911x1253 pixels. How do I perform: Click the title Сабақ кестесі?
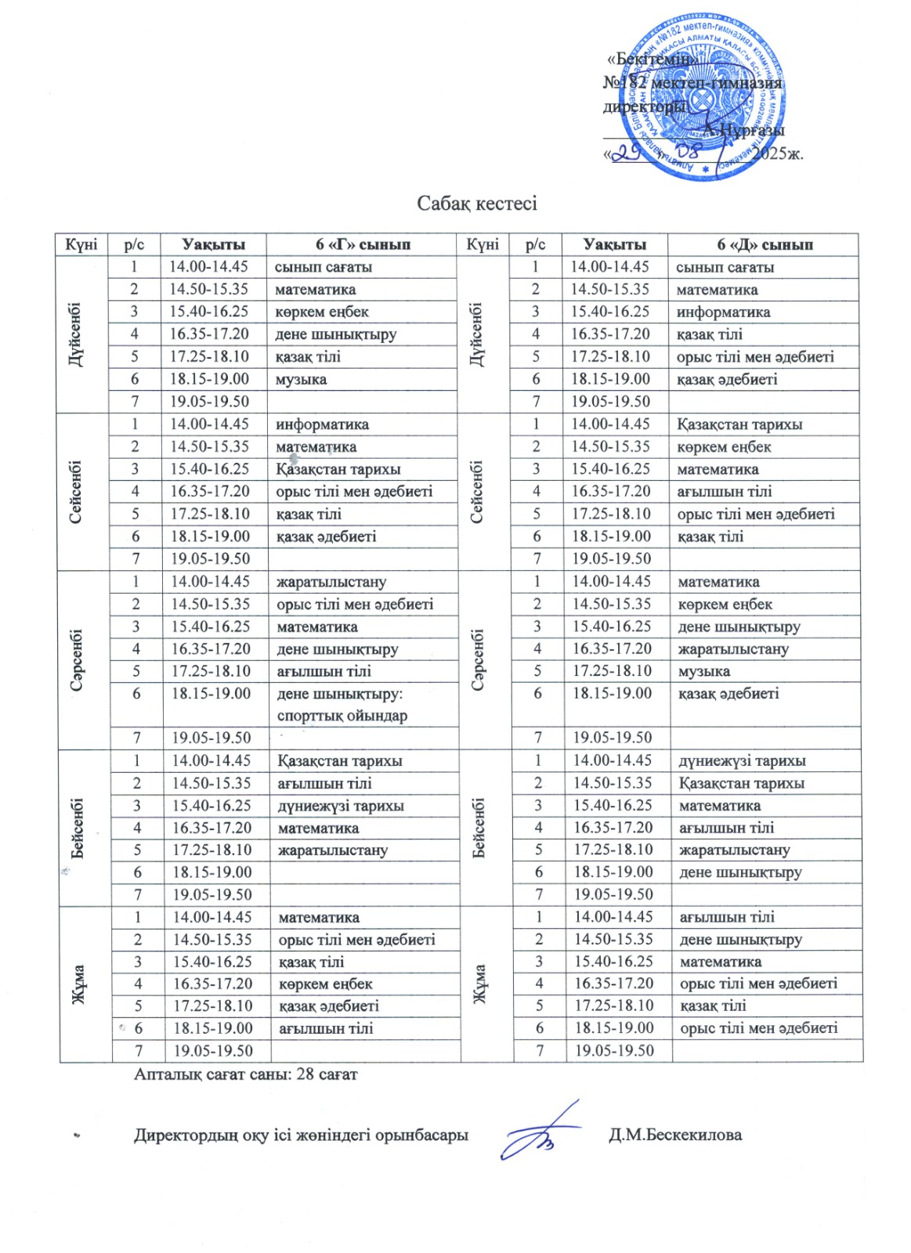(x=476, y=204)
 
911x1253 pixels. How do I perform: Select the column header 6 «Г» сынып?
(x=363, y=244)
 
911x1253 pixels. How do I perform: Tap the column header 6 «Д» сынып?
(x=765, y=244)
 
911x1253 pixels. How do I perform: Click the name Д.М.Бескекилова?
(x=675, y=1135)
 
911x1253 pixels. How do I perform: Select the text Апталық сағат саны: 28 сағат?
(x=245, y=1074)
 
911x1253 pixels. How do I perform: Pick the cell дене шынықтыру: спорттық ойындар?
(x=342, y=704)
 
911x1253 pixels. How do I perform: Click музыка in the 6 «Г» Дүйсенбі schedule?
(x=301, y=379)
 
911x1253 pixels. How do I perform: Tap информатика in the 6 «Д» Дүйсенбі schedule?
(x=723, y=312)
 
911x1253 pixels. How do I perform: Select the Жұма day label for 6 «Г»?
(x=80, y=984)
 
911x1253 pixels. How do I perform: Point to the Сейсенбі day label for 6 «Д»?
(x=478, y=491)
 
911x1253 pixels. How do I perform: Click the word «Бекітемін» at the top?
(x=652, y=60)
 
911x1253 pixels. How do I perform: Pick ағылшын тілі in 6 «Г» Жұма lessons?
(x=326, y=1028)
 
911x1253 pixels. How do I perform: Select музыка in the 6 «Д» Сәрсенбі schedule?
(x=704, y=671)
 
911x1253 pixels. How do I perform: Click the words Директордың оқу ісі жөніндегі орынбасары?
(x=301, y=1135)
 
